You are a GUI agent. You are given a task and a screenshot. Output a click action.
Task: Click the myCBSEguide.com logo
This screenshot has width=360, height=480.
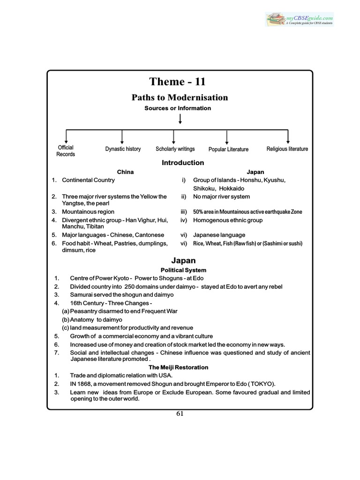[x=299, y=19]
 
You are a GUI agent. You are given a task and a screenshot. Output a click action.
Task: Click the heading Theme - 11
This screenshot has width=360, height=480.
[x=178, y=82]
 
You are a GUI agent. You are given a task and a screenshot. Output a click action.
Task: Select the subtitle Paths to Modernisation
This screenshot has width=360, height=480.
[x=180, y=97]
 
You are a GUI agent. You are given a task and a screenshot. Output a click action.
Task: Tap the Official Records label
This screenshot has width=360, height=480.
[x=66, y=150]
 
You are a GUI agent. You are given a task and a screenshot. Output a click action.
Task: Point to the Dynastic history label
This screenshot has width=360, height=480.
[x=123, y=149]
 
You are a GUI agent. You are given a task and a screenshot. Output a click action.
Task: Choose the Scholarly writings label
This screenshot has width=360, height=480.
[x=175, y=149]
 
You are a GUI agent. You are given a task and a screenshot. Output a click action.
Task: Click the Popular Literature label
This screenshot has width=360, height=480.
[x=228, y=149]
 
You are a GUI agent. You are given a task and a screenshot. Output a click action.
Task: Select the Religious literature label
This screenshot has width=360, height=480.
[x=287, y=149]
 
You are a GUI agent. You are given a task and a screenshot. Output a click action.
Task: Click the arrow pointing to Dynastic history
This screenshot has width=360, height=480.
[x=122, y=136]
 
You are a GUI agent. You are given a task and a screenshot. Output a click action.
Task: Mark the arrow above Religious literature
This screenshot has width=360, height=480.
[x=288, y=136]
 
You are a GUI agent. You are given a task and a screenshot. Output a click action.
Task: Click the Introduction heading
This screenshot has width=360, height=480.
[x=183, y=163]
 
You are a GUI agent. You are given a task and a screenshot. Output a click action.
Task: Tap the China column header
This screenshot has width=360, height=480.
[x=125, y=172]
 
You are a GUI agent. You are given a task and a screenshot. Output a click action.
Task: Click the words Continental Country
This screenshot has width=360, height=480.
[x=88, y=180]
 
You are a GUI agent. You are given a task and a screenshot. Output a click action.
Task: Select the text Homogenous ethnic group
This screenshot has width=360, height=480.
[x=228, y=220]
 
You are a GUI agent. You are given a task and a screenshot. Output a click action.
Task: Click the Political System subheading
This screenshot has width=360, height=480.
[x=183, y=270]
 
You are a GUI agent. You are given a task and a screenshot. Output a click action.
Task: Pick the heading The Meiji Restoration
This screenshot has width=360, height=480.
[x=179, y=367]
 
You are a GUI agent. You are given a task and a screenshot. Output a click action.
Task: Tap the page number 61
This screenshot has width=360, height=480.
[x=180, y=413]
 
